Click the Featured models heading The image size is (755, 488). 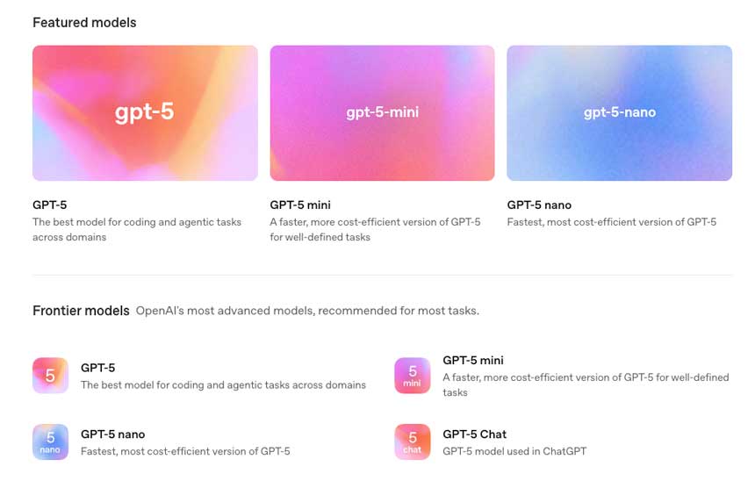pos(84,23)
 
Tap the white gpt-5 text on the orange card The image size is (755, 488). pos(145,111)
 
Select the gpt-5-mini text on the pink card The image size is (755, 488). pos(382,112)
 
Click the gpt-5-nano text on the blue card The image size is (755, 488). pos(620,112)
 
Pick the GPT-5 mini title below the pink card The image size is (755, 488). pos(300,205)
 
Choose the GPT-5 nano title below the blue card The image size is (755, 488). pos(539,205)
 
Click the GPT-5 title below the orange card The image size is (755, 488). pos(49,205)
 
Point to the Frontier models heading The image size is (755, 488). pos(81,311)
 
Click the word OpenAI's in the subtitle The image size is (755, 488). pos(160,311)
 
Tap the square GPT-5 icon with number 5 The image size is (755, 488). pos(51,376)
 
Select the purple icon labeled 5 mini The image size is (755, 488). pos(412,376)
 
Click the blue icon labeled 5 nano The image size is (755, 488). pos(51,441)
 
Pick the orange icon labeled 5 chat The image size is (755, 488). pos(412,441)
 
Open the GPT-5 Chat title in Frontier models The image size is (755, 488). pos(474,434)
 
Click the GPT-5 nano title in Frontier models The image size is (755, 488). pos(112,434)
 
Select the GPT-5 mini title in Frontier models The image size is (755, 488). pos(473,361)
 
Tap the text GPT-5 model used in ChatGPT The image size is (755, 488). pos(514,451)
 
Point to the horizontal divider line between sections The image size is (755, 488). pos(382,276)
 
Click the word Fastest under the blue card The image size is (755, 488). pos(523,222)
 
